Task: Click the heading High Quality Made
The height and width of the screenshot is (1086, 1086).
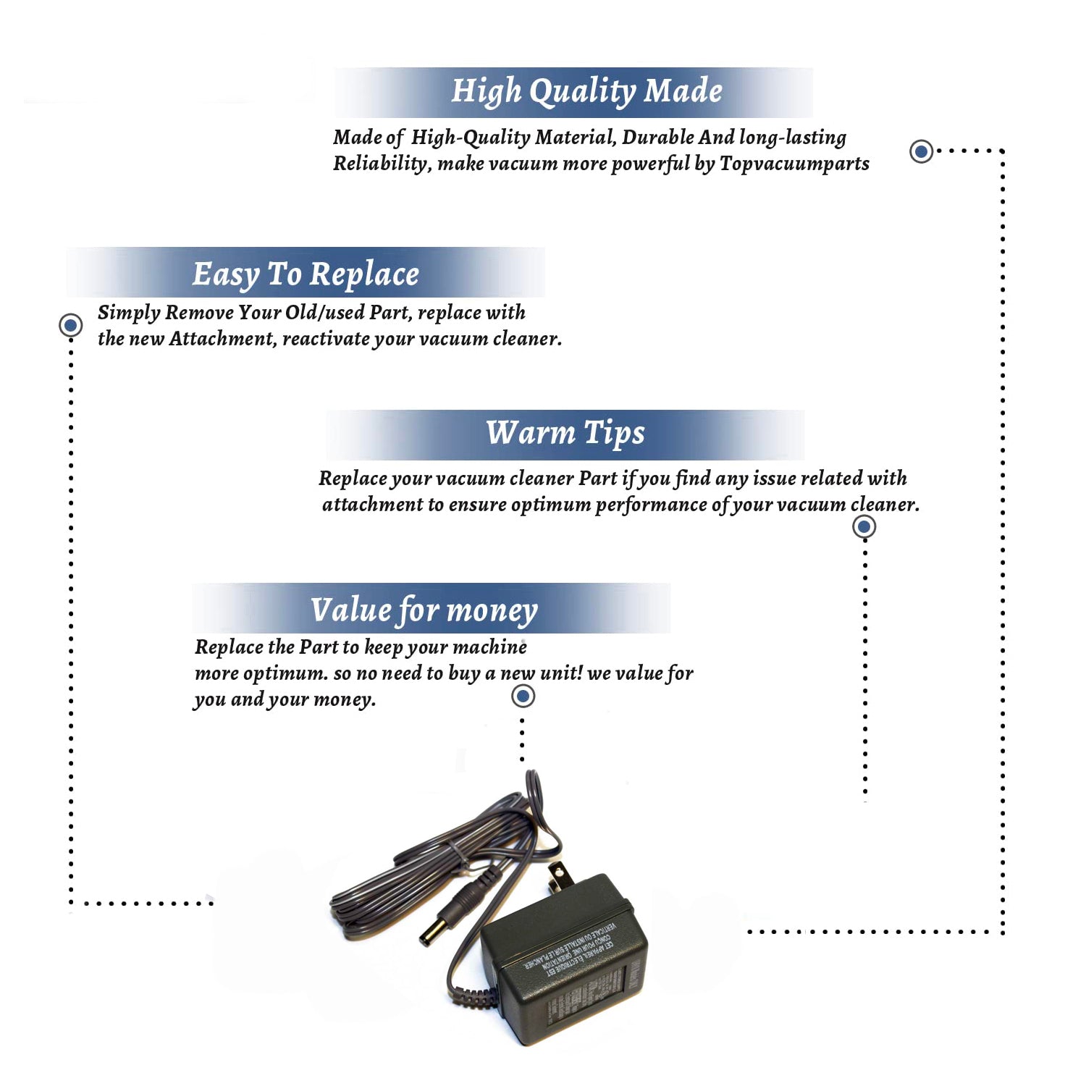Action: coord(586,92)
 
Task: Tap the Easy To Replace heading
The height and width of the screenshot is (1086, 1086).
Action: coord(306,274)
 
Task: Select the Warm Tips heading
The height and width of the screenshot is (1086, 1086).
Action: coord(565,433)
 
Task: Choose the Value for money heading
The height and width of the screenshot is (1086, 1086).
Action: coord(424,610)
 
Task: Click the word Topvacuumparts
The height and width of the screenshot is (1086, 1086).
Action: coord(794,164)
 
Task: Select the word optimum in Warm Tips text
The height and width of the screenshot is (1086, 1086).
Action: coord(550,505)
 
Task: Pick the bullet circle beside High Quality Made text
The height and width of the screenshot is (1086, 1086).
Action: coord(921,151)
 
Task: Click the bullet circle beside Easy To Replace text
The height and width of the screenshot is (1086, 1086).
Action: coord(70,325)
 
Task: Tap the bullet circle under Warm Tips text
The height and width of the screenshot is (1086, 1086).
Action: coord(864,526)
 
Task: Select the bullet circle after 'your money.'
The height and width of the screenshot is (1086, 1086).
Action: coord(523,696)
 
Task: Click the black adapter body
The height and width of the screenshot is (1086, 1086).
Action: coord(565,963)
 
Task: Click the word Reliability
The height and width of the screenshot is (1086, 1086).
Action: coord(380,164)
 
